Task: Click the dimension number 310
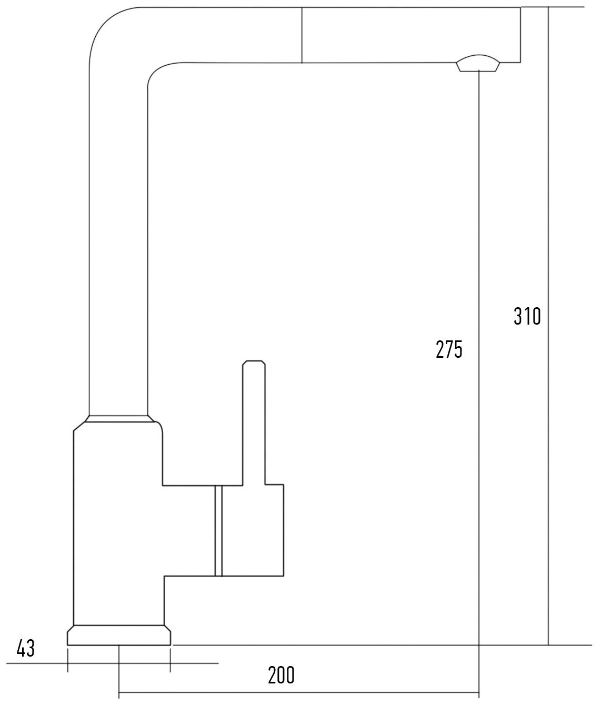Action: pos(527,316)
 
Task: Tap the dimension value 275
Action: pos(449,349)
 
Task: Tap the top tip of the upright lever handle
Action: pos(254,360)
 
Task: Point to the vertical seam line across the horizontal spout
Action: pos(302,35)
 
